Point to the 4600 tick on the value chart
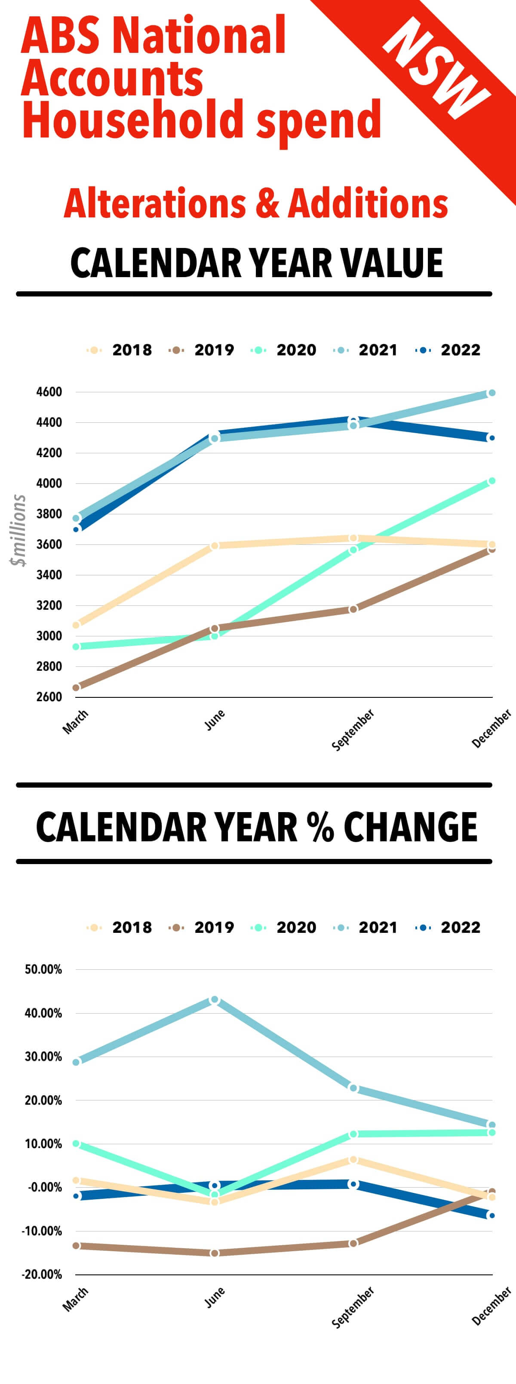click(49, 392)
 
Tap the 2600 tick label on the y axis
click(49, 697)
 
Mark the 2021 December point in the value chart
click(491, 393)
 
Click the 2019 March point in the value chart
click(77, 687)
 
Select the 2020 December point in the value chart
click(491, 481)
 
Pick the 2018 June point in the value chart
click(215, 545)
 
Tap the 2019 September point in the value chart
click(353, 609)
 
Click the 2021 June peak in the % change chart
click(215, 999)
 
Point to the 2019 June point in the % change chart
click(215, 1253)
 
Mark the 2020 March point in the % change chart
click(77, 1143)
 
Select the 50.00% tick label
click(43, 969)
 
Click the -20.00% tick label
click(42, 1274)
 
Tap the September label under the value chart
click(353, 730)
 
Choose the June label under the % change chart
click(215, 1298)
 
